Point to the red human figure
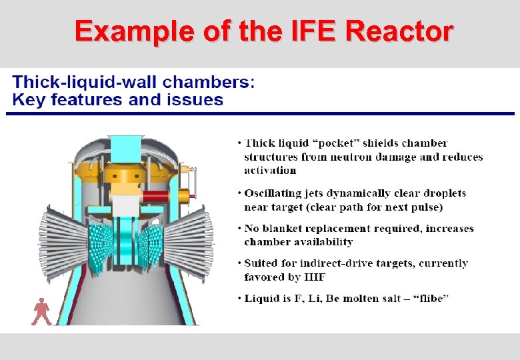pyautogui.click(x=41, y=311)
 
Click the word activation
pyautogui.click(x=270, y=170)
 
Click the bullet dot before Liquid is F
pyautogui.click(x=239, y=298)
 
